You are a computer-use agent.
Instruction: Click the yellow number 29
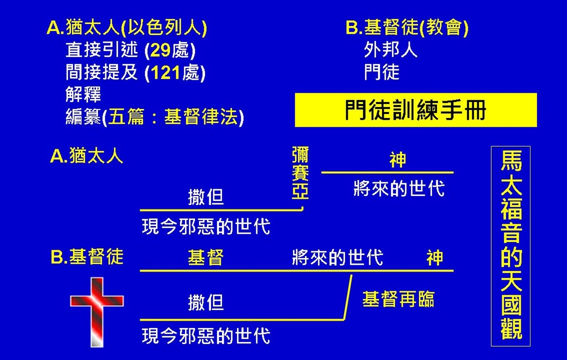click(160, 50)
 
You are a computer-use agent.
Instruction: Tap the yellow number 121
click(165, 73)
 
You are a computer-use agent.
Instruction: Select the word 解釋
click(83, 95)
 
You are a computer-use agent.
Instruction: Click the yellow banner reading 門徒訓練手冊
click(416, 110)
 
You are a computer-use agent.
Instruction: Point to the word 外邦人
click(390, 50)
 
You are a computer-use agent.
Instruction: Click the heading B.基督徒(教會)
click(407, 28)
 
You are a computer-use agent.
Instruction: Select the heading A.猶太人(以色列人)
click(127, 28)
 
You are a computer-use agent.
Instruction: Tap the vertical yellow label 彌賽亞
click(300, 173)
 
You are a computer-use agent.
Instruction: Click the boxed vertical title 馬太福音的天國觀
click(511, 246)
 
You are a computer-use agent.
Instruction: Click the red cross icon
click(96, 311)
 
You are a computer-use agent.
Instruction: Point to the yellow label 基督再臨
click(398, 300)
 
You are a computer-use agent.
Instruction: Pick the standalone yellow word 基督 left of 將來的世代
click(206, 258)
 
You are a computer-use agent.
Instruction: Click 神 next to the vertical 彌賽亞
click(398, 160)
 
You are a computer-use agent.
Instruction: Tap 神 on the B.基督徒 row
click(435, 258)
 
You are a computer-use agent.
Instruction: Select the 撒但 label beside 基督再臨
click(206, 302)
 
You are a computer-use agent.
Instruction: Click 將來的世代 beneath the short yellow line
click(399, 188)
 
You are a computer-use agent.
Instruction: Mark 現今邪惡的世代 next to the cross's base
click(206, 336)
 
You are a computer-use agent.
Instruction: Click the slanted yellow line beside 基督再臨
click(348, 297)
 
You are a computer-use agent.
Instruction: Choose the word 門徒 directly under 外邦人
click(382, 72)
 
